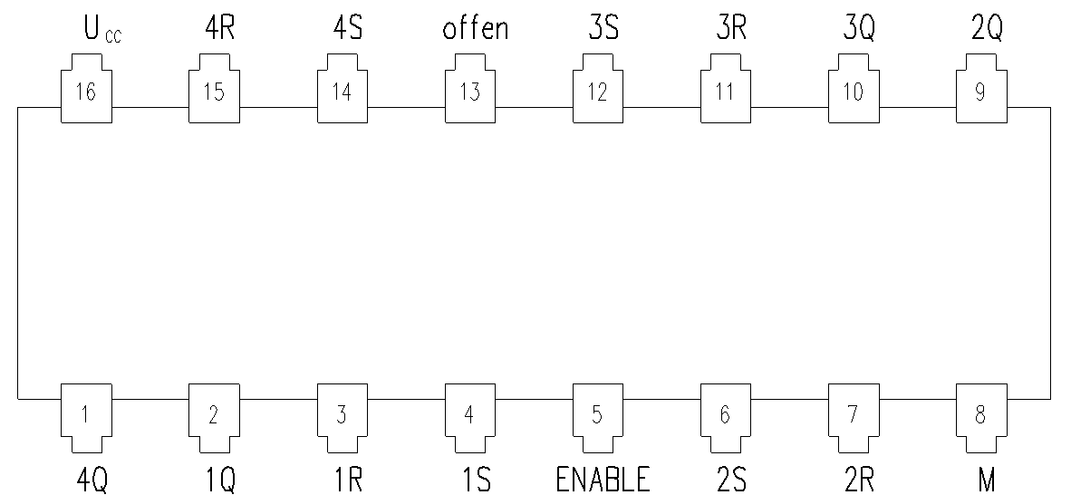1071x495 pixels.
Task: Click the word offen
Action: pos(476,29)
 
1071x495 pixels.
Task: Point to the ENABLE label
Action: pos(603,480)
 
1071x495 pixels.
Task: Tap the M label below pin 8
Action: pos(987,480)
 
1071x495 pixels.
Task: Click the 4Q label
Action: pos(92,480)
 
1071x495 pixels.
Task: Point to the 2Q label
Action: pos(987,30)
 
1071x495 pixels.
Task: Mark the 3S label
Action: pos(603,29)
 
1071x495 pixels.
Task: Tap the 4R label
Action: pos(219,29)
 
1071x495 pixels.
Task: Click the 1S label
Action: pos(476,480)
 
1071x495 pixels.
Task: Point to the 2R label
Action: pos(859,480)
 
